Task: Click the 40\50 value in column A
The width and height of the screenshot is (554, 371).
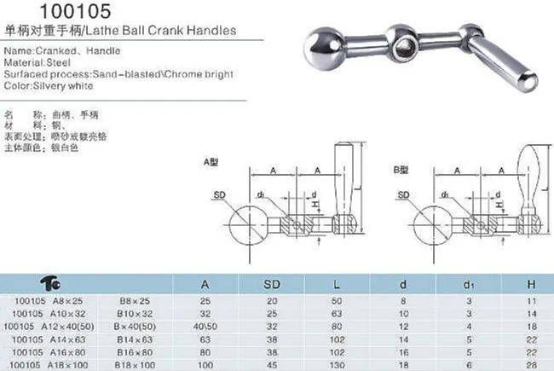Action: (x=205, y=325)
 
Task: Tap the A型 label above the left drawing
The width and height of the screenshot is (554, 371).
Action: (x=211, y=159)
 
